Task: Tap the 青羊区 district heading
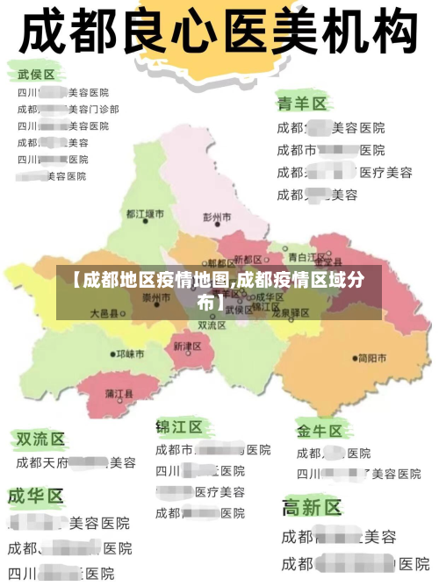pos(302,104)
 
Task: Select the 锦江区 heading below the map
pos(179,427)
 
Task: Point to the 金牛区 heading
pos(319,431)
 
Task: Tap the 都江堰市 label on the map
pos(145,214)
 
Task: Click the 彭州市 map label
pos(217,217)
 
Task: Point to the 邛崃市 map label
pos(130,354)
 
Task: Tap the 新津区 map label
pos(187,347)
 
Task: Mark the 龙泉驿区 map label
pos(290,313)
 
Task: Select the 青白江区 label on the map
pos(307,257)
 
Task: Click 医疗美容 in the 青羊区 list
pos(385,172)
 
